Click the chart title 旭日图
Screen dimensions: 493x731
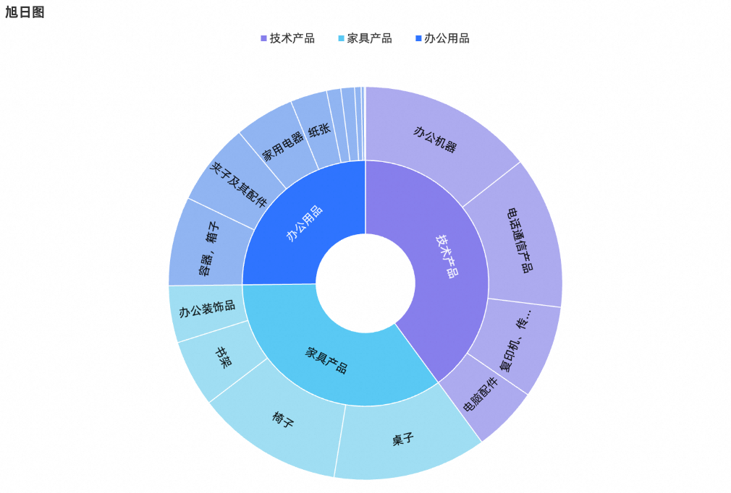[25, 12]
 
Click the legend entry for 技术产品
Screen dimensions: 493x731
[292, 38]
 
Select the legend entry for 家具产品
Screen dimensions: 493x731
[369, 38]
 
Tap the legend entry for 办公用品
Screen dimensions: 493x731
[447, 38]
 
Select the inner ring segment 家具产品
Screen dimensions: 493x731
[326, 360]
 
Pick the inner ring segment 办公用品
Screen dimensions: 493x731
[304, 223]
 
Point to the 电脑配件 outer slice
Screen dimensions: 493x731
[481, 395]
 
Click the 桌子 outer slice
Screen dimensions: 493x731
[402, 440]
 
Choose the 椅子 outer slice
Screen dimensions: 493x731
[283, 419]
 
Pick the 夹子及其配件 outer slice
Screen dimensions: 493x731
[237, 185]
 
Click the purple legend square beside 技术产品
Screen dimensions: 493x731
[263, 38]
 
